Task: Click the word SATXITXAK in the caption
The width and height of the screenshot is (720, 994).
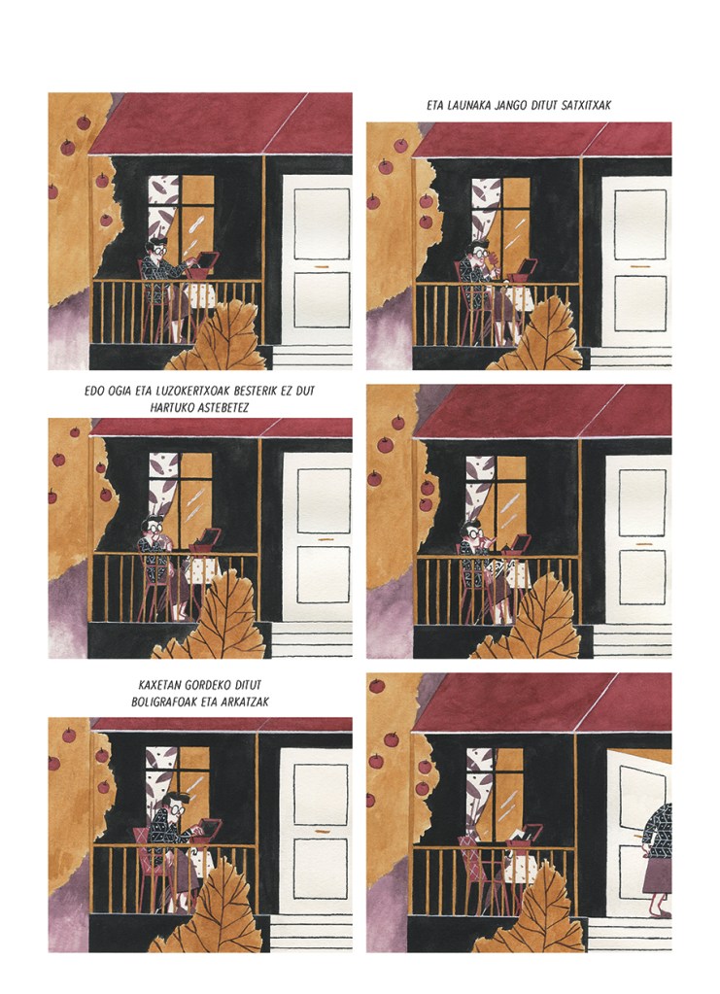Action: click(586, 105)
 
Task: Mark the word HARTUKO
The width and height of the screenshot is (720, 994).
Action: click(171, 408)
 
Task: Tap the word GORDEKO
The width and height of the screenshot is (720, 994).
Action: click(209, 685)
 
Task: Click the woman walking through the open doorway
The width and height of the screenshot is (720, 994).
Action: click(657, 858)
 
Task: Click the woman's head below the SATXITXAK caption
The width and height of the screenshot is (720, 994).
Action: click(479, 253)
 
